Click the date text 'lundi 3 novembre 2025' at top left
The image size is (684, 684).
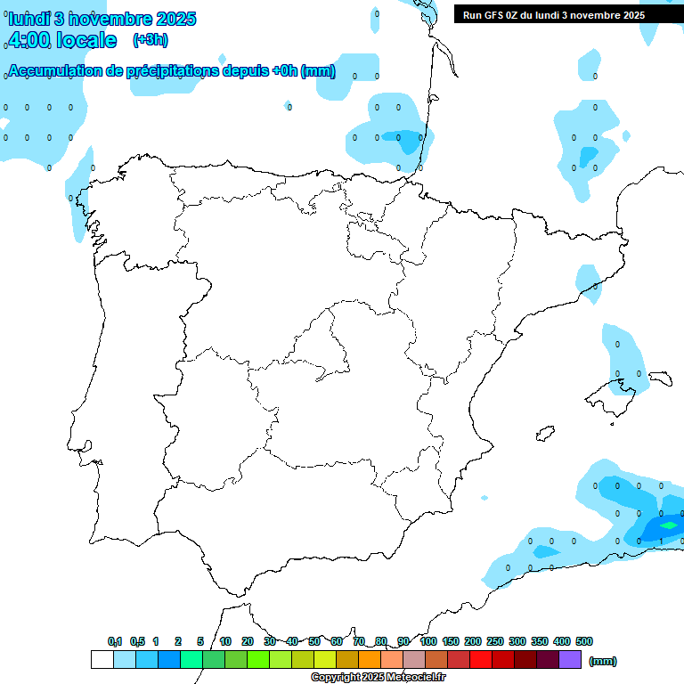pos(102,19)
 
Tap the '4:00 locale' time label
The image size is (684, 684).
pos(61,40)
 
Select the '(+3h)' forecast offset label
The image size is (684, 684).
pos(150,40)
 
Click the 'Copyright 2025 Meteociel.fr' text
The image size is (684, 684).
pos(379,678)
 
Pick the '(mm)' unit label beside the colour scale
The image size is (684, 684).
pos(603,661)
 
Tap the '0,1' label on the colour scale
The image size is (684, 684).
pos(115,641)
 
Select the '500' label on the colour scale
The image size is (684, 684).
pos(584,641)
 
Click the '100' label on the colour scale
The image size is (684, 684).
pos(428,641)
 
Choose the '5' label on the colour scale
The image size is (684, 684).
pos(200,641)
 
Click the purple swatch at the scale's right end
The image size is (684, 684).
pos(570,660)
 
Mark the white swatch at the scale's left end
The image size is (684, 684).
pos(102,660)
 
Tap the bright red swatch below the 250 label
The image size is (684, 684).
pos(481,660)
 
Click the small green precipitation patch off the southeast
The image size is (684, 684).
pos(668,525)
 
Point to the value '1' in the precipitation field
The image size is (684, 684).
pos(660,541)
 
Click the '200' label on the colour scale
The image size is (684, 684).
pos(473,641)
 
